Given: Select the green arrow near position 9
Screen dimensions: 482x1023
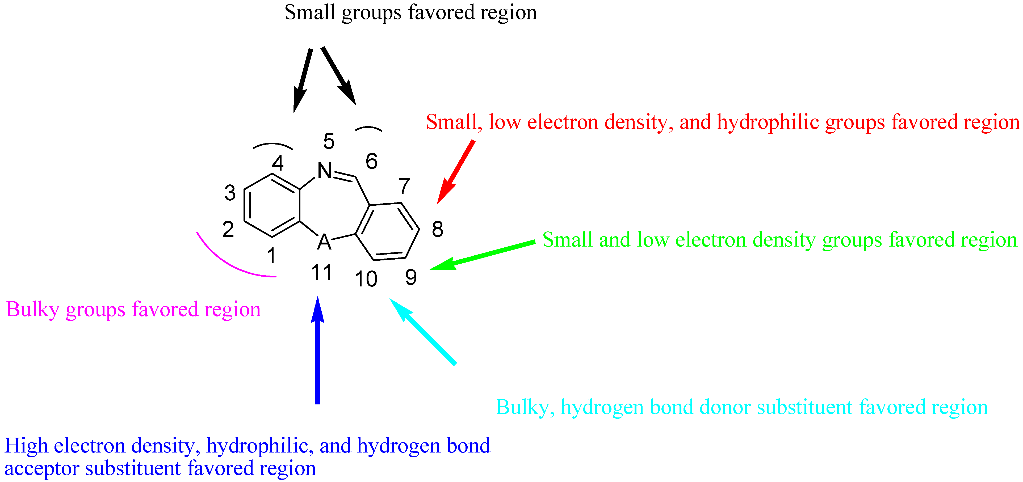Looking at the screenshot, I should (483, 255).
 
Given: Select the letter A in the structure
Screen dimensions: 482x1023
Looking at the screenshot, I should (324, 241).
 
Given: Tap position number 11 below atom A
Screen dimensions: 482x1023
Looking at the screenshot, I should (321, 273).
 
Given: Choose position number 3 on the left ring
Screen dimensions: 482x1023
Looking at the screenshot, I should (230, 193).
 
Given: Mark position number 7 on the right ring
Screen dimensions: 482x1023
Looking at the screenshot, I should (404, 185).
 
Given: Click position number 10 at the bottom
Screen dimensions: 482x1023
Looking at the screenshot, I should (366, 279).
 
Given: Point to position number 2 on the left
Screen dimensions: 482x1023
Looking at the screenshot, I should (228, 229).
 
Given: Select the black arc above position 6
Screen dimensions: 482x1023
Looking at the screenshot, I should (368, 128).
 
